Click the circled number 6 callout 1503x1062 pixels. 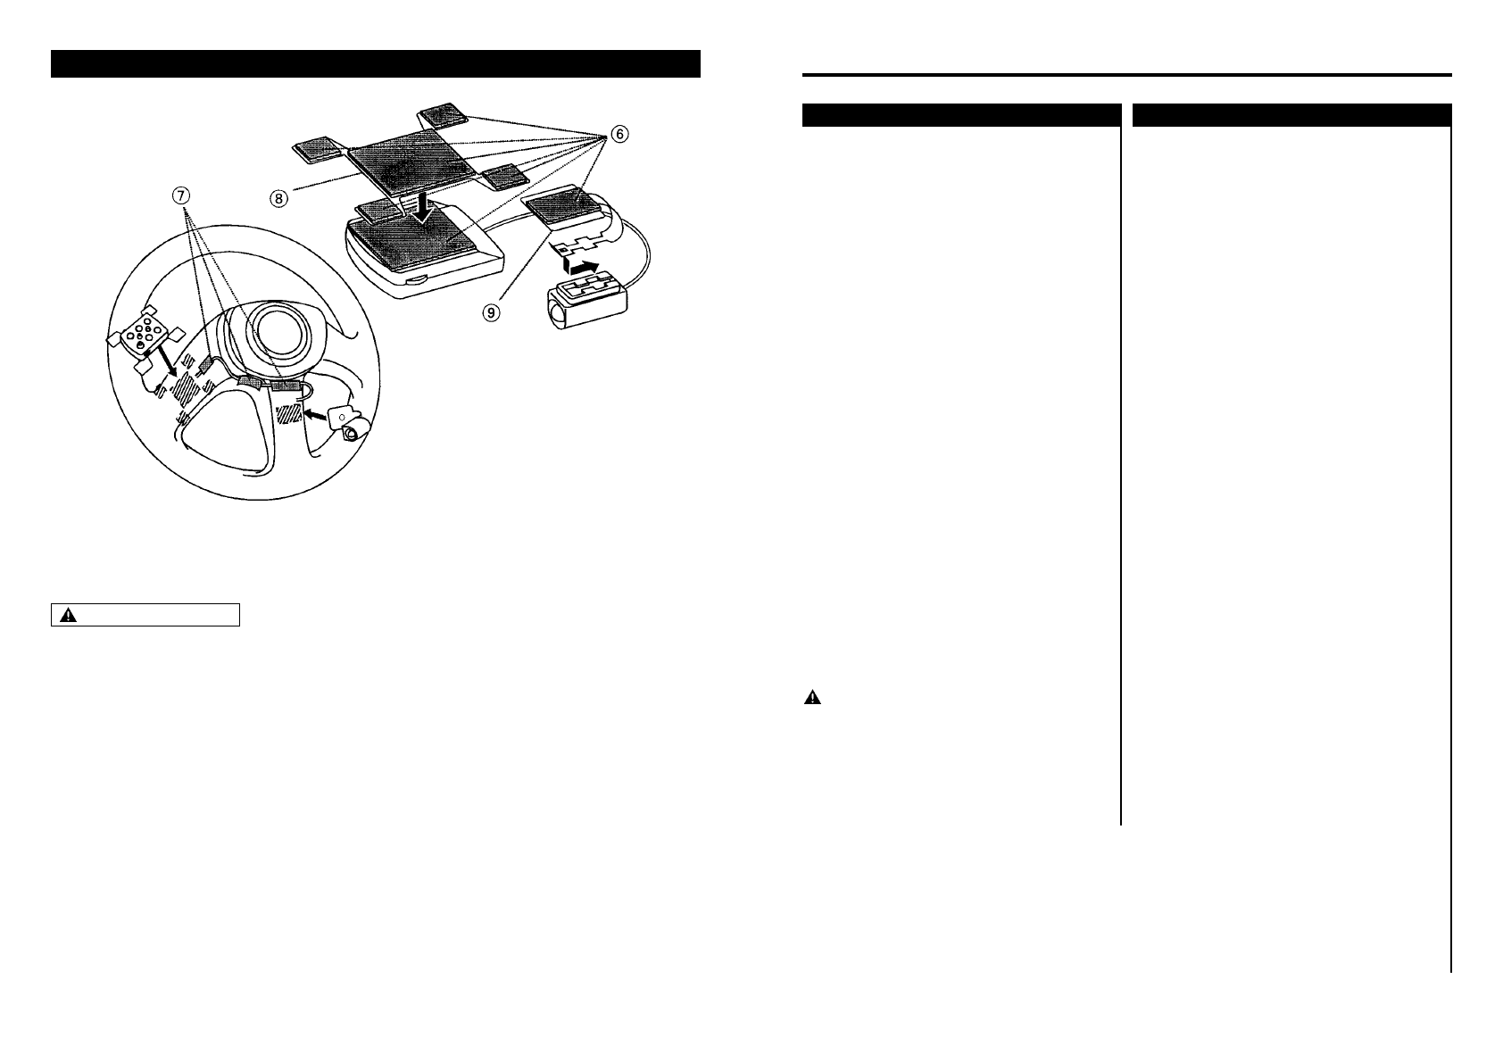pos(619,134)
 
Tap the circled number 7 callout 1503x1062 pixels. pos(182,196)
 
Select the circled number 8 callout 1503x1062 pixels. pos(280,199)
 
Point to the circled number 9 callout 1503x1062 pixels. pos(494,312)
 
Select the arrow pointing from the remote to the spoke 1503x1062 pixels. pos(165,363)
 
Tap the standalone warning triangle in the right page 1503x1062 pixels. pos(812,699)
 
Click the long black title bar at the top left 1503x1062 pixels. pos(375,64)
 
